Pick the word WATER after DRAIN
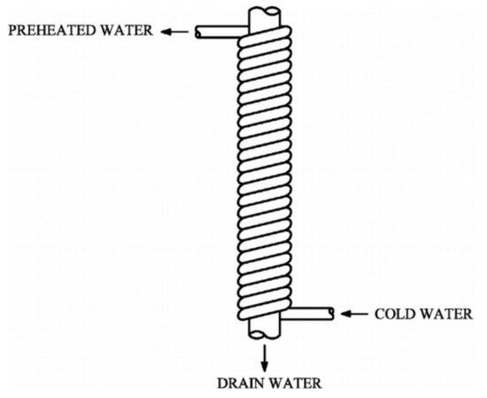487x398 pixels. pyautogui.click(x=294, y=384)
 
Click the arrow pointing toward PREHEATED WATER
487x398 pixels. pyautogui.click(x=174, y=31)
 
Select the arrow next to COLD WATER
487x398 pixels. pyautogui.click(x=354, y=314)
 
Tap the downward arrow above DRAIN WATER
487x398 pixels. pyautogui.click(x=265, y=357)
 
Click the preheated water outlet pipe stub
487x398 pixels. pyautogui.click(x=221, y=32)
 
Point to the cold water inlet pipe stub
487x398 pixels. pyautogui.click(x=307, y=314)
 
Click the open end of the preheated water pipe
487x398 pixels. pyautogui.click(x=197, y=32)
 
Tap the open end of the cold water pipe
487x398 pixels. pyautogui.click(x=332, y=314)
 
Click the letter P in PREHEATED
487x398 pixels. pyautogui.click(x=12, y=30)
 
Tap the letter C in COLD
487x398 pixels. pyautogui.click(x=379, y=314)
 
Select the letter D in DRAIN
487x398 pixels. pyautogui.click(x=222, y=384)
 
